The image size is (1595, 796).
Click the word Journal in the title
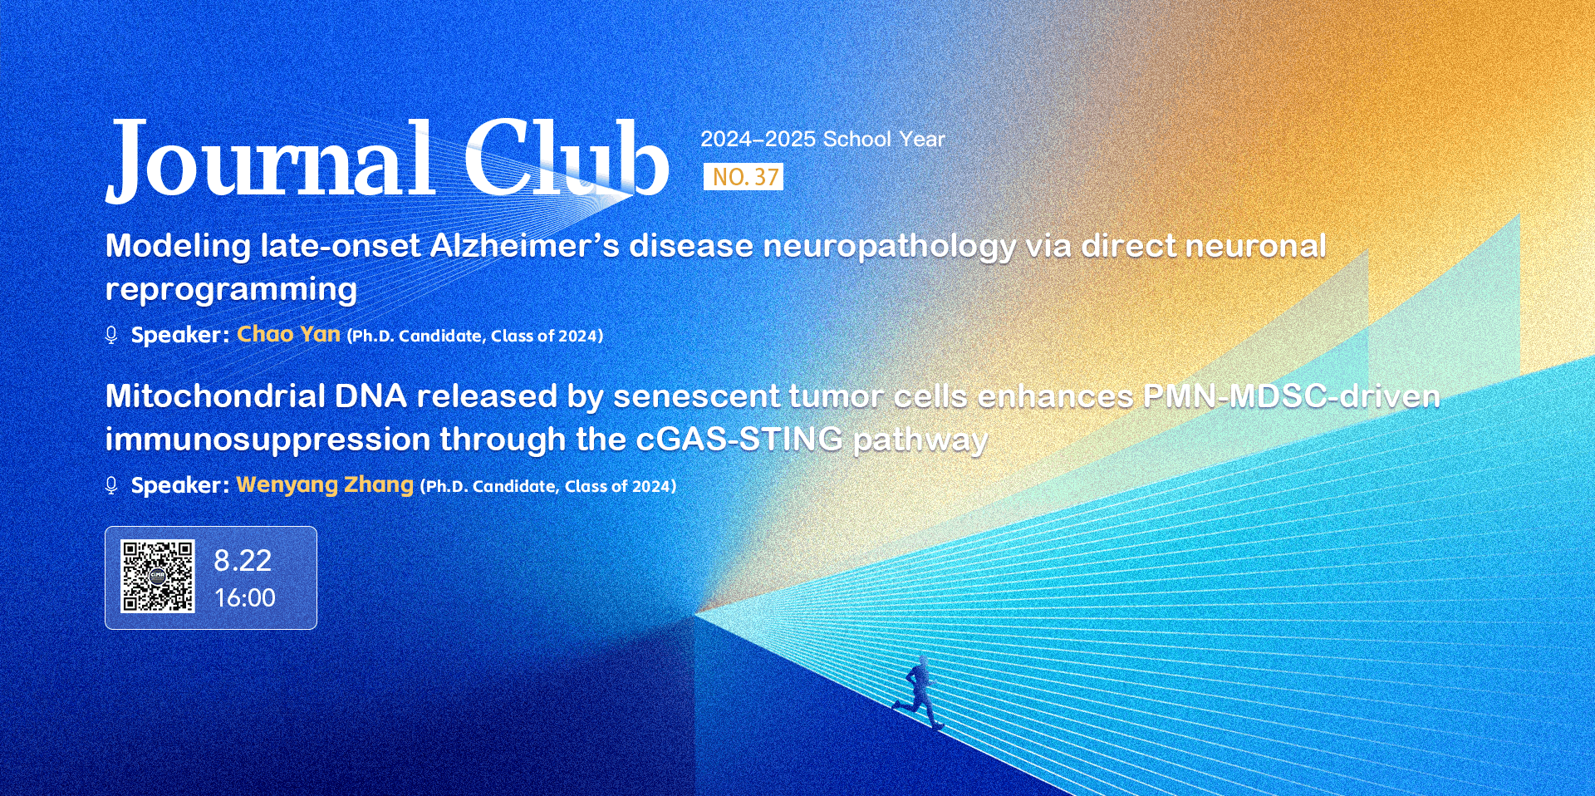[270, 160]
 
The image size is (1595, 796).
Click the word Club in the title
[566, 157]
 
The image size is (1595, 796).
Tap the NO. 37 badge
[744, 177]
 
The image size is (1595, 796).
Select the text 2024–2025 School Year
[822, 139]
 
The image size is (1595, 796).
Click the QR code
[158, 577]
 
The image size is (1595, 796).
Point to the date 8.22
[243, 561]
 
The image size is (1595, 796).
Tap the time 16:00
[245, 597]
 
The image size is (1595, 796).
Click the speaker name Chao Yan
[288, 334]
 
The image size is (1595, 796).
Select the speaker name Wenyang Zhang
[325, 484]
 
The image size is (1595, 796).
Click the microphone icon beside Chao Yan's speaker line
[111, 335]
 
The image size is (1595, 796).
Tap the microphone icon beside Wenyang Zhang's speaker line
[111, 485]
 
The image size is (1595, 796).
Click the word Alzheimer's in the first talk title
[525, 246]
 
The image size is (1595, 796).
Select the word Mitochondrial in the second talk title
[215, 396]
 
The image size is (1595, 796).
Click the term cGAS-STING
[739, 439]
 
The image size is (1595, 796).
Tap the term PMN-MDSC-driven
[1292, 396]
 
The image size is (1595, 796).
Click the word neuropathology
[889, 248]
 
